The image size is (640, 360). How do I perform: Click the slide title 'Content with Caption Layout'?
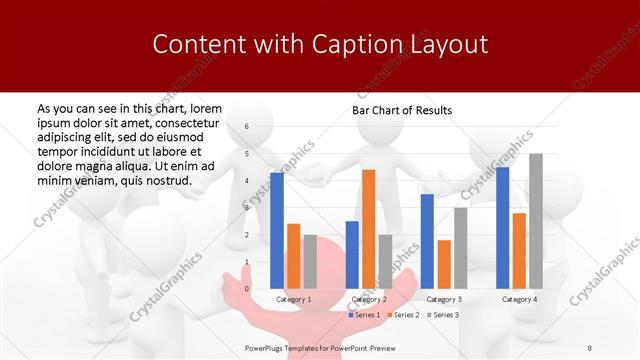[x=320, y=44]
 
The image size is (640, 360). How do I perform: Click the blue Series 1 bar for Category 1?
[x=277, y=230]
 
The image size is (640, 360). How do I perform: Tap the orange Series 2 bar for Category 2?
[x=368, y=229]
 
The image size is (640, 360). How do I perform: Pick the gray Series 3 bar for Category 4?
[x=536, y=221]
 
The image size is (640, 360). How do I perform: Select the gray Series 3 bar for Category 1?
[x=310, y=262]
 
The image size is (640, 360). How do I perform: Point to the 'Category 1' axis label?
[x=293, y=299]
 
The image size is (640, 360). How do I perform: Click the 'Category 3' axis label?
[x=444, y=299]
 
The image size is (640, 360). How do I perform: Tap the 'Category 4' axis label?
[x=519, y=299]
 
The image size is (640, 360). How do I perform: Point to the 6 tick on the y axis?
[x=247, y=127]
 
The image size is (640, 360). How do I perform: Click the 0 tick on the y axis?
[x=247, y=288]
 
